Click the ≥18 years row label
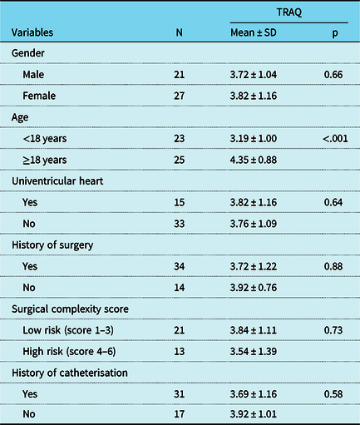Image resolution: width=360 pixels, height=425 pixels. click(50, 160)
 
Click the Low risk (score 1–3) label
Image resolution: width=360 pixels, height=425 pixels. click(71, 329)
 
